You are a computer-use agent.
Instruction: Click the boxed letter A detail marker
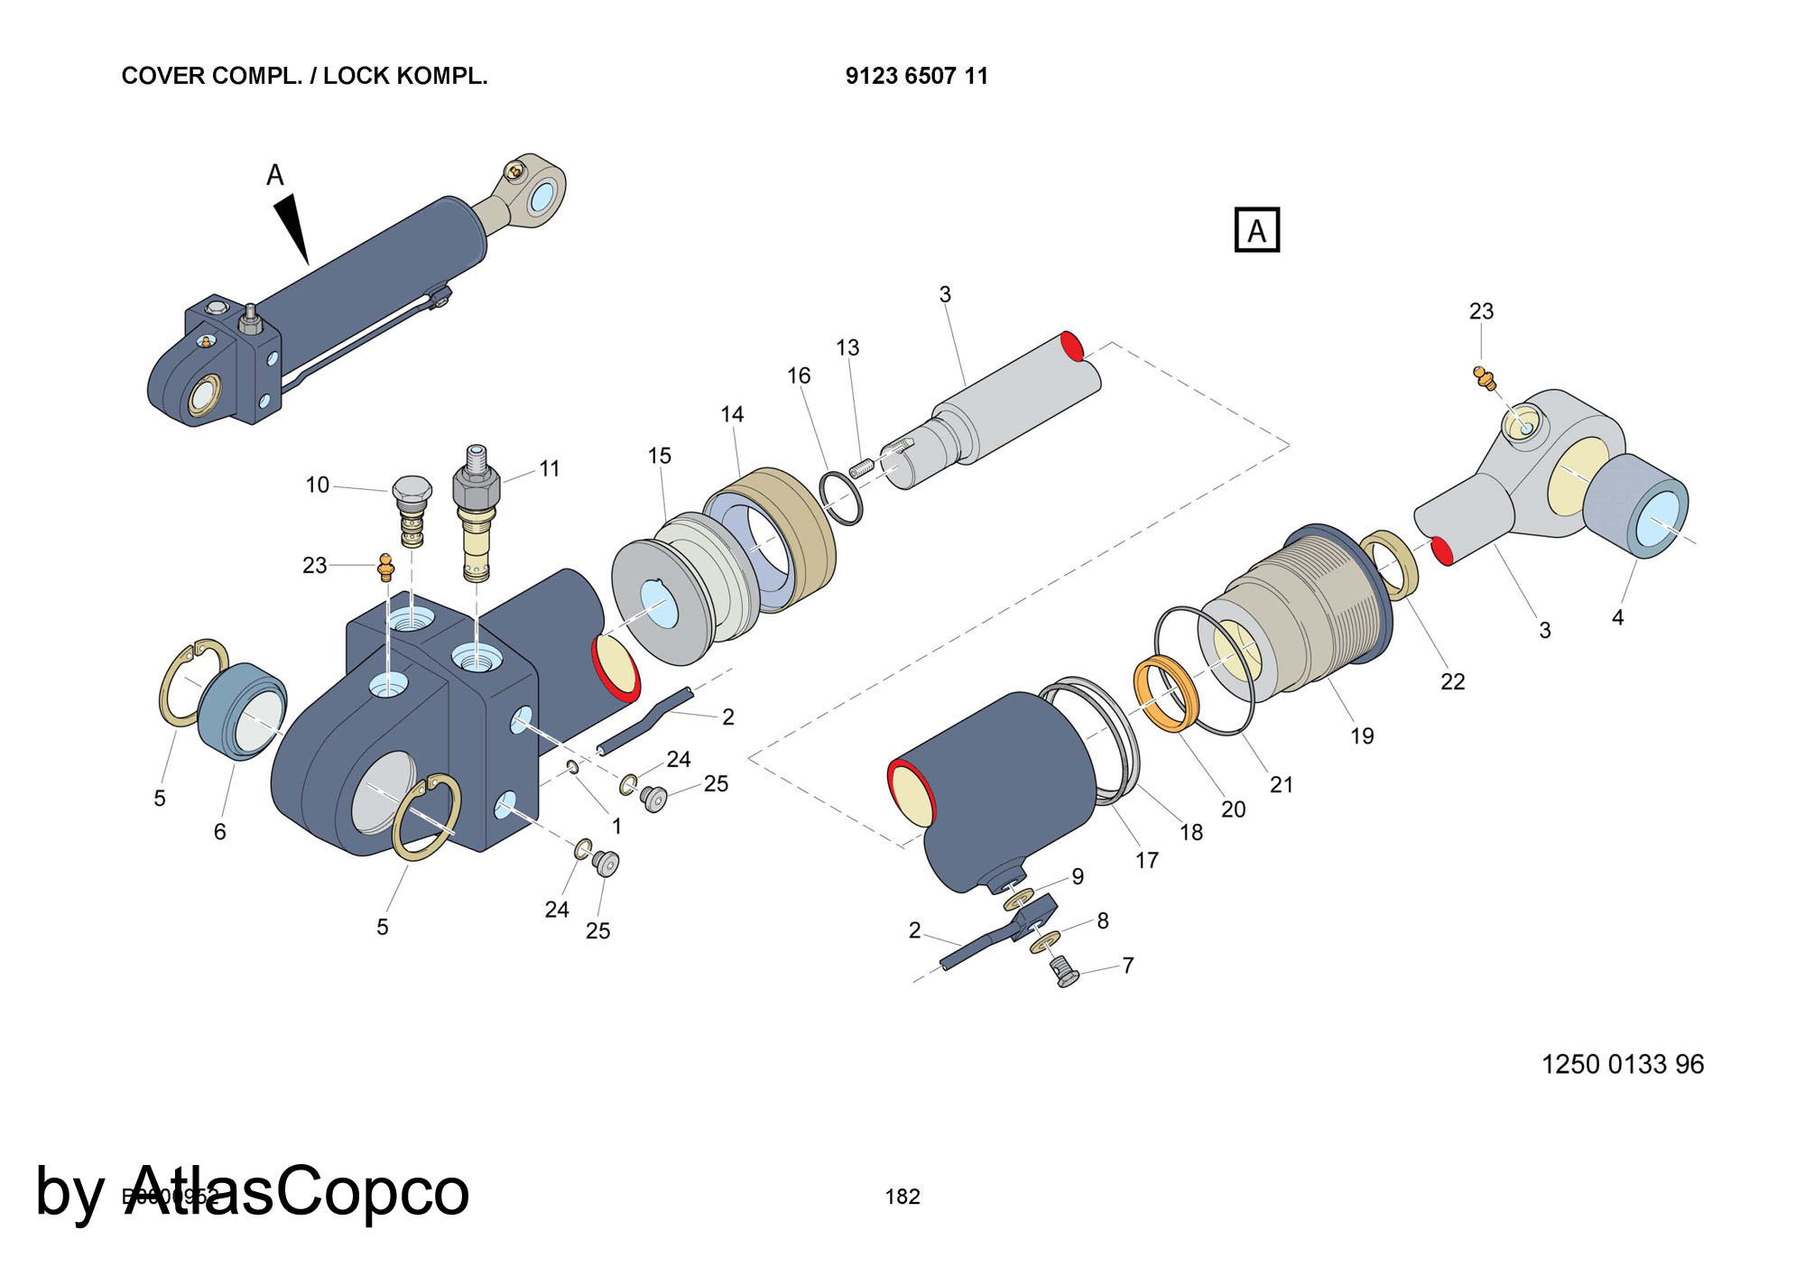click(x=1256, y=230)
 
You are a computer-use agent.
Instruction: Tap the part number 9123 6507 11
click(x=916, y=76)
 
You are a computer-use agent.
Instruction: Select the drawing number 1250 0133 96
click(x=1622, y=1065)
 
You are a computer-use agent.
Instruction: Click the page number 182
click(x=902, y=1197)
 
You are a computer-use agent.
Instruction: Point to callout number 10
click(x=317, y=485)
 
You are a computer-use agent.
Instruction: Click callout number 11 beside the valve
click(x=550, y=469)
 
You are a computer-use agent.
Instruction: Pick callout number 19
click(x=1362, y=736)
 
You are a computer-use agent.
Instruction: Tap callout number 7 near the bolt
click(x=1128, y=966)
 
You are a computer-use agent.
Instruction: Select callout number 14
click(x=732, y=414)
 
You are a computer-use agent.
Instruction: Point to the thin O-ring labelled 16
click(x=841, y=497)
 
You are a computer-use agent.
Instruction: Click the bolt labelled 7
click(x=1067, y=973)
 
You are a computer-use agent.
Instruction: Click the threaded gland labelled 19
click(x=1300, y=614)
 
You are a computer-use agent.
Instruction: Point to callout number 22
click(x=1452, y=681)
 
